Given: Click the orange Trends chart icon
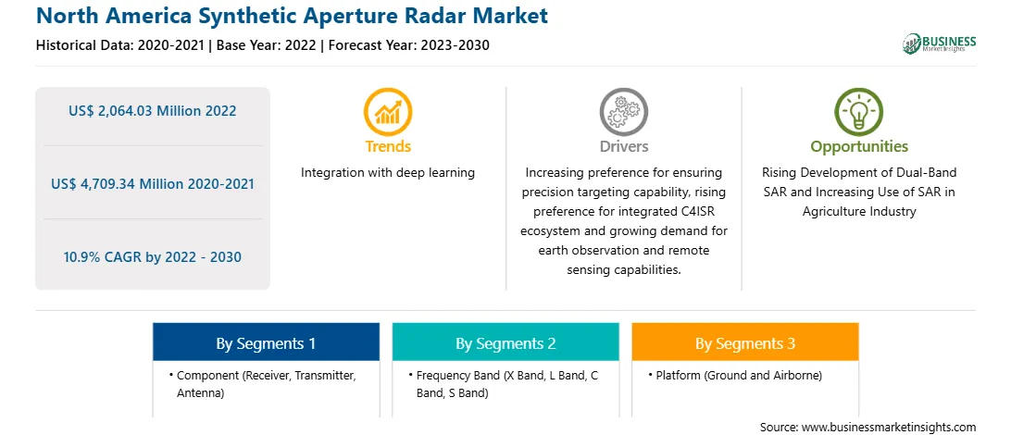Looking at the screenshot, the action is (x=388, y=112).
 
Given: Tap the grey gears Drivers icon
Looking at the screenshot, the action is (x=623, y=112).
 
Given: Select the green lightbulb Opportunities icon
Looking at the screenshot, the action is (x=859, y=112).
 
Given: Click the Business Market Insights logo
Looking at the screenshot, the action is (x=939, y=43).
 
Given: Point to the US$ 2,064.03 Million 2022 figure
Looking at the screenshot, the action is (x=152, y=111).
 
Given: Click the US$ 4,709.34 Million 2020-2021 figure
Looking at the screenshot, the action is (x=152, y=184).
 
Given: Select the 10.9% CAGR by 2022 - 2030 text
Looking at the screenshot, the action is (x=152, y=258).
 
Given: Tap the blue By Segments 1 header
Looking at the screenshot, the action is (x=266, y=342).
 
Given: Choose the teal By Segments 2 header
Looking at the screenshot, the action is (x=505, y=342).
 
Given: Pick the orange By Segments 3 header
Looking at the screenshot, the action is (x=745, y=342).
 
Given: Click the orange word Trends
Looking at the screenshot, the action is (x=388, y=147).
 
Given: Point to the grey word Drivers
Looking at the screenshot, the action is (x=623, y=147).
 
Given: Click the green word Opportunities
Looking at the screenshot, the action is (x=859, y=147).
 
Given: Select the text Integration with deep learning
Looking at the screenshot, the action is (x=388, y=173).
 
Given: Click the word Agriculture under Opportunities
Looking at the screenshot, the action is (x=831, y=211).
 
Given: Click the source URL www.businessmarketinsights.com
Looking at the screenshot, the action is (x=889, y=427).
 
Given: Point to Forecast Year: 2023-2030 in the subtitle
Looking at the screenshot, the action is (x=409, y=45).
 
